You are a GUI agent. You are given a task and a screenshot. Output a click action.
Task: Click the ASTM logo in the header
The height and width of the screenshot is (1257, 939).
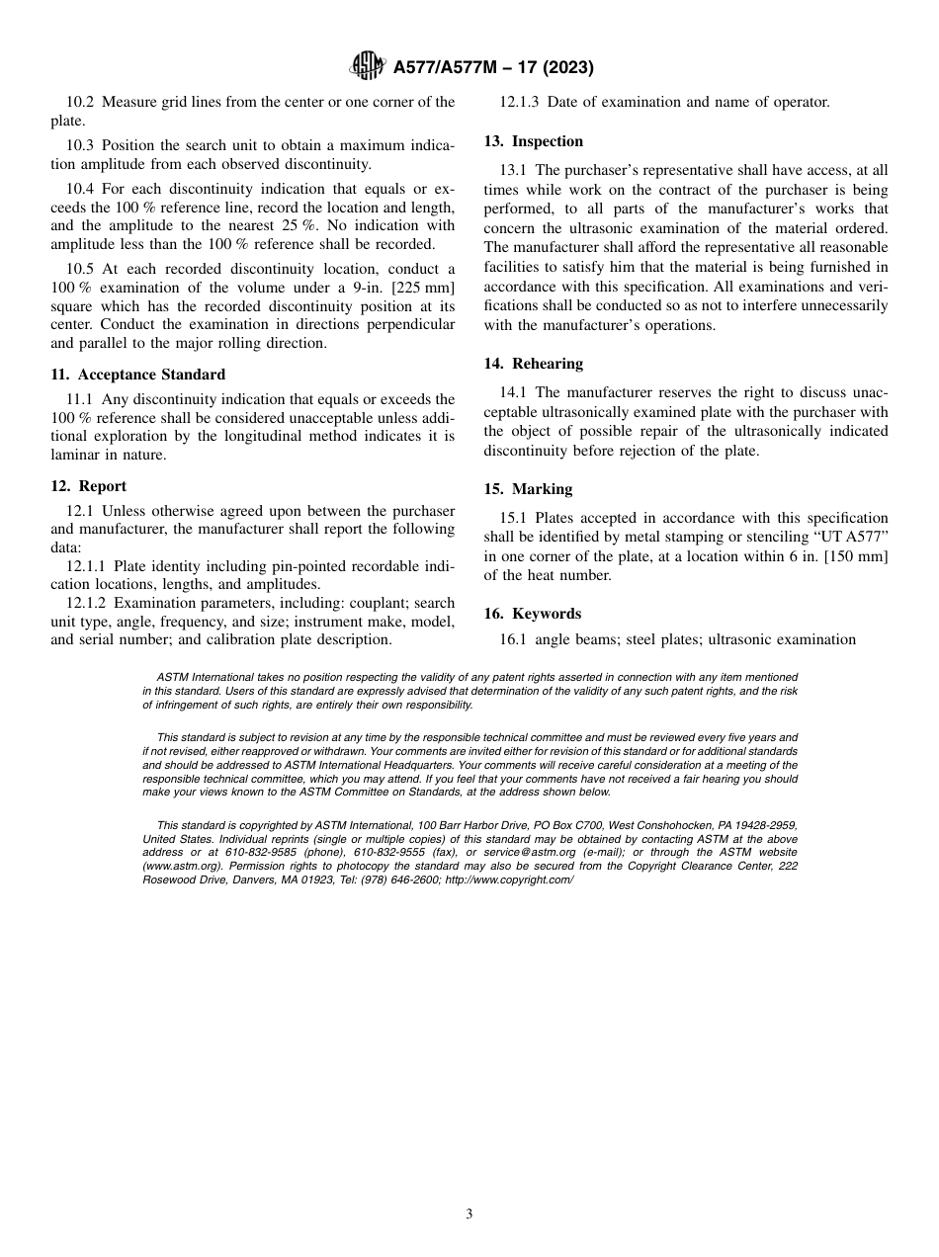point(369,68)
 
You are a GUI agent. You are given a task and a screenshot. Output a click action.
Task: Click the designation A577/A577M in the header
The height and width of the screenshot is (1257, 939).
point(448,68)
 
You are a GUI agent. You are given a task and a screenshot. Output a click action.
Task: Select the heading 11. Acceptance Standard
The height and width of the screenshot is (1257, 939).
point(137,375)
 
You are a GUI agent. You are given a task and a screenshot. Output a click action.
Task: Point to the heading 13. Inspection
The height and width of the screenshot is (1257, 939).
point(534,141)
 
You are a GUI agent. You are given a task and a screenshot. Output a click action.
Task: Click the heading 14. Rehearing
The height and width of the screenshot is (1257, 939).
point(534,364)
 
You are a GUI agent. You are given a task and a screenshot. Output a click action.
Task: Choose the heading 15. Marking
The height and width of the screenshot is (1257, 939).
point(528,489)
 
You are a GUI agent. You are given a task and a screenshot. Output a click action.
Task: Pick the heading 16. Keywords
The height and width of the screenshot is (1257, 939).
point(532,614)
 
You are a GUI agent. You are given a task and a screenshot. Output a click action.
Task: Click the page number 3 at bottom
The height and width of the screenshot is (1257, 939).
point(469,1215)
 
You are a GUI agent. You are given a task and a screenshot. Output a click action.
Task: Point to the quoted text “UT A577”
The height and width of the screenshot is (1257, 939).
point(851,538)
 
